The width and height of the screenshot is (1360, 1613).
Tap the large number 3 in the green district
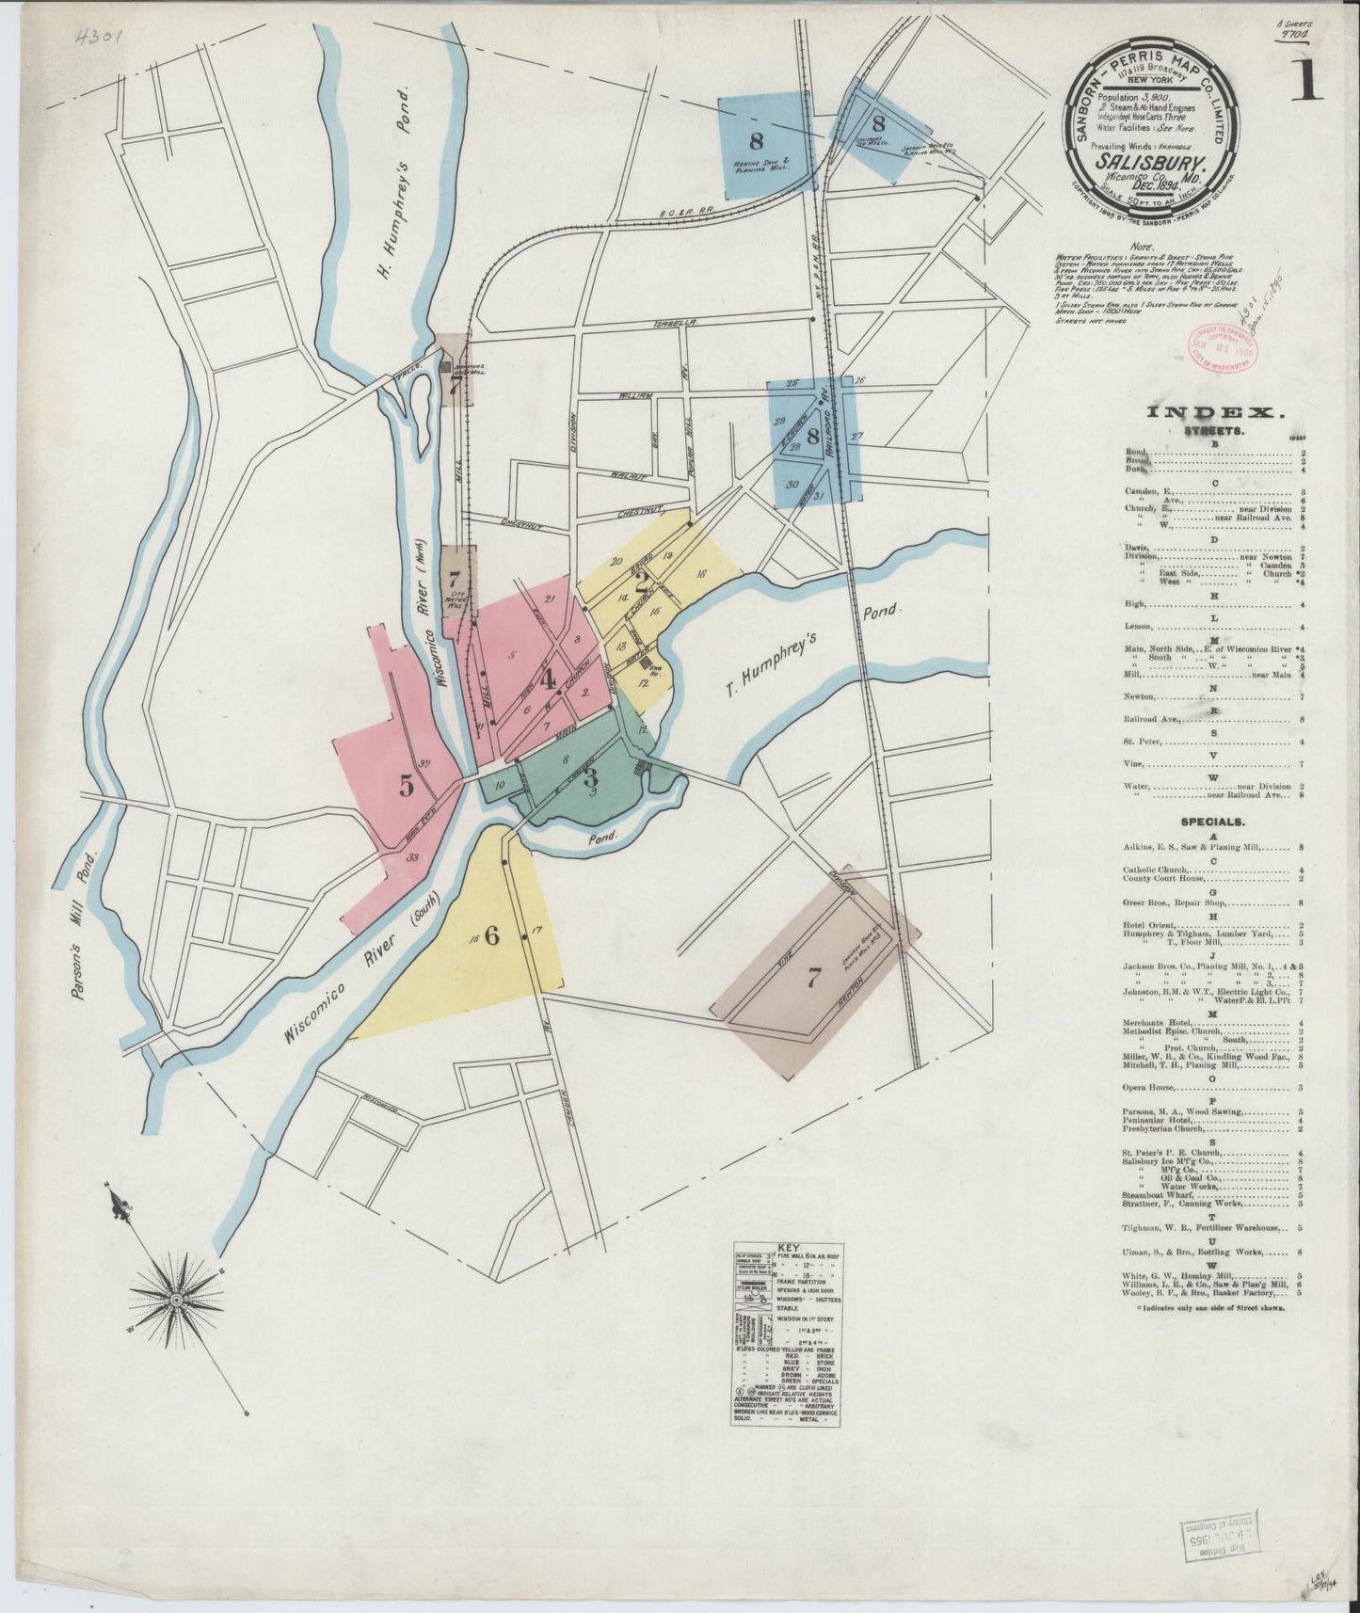[x=590, y=777]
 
